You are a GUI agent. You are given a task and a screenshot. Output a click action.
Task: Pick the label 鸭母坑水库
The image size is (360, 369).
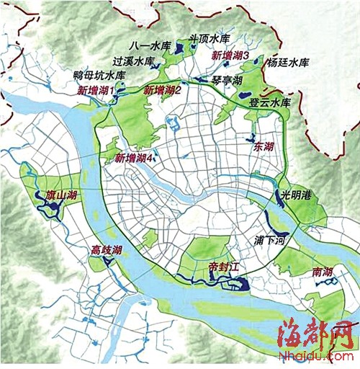click(99, 75)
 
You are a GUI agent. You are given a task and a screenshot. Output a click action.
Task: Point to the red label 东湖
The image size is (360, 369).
click(264, 146)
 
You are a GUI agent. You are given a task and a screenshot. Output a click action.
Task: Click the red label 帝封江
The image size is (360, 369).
click(222, 264)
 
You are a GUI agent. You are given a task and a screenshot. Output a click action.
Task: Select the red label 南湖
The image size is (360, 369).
click(323, 273)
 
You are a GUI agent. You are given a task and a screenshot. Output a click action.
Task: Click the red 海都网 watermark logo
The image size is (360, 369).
click(317, 332)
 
